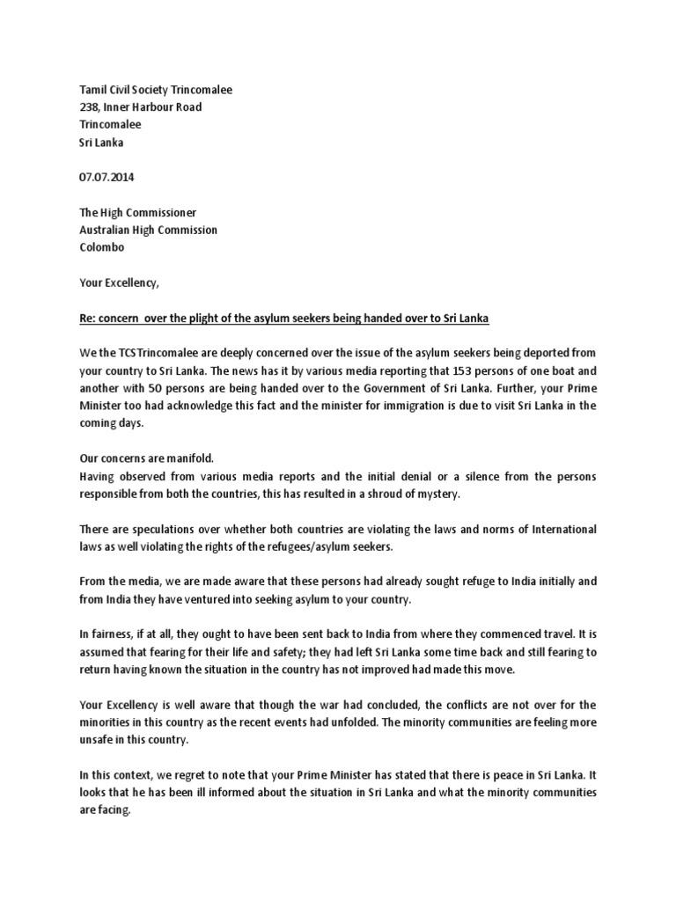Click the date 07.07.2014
pyautogui.click(x=107, y=177)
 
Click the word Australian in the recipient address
pyautogui.click(x=109, y=230)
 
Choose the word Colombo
pyautogui.click(x=103, y=247)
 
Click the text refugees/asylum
pyautogui.click(x=327, y=546)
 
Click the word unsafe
pyautogui.click(x=98, y=740)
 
